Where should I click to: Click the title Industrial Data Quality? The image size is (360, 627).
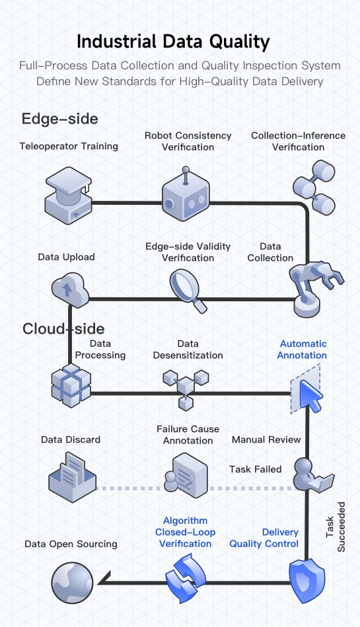[173, 42]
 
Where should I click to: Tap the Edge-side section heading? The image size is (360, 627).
[60, 119]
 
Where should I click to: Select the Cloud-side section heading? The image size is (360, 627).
[63, 328]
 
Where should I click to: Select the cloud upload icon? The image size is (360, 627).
[69, 291]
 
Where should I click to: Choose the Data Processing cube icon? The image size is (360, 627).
[71, 386]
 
